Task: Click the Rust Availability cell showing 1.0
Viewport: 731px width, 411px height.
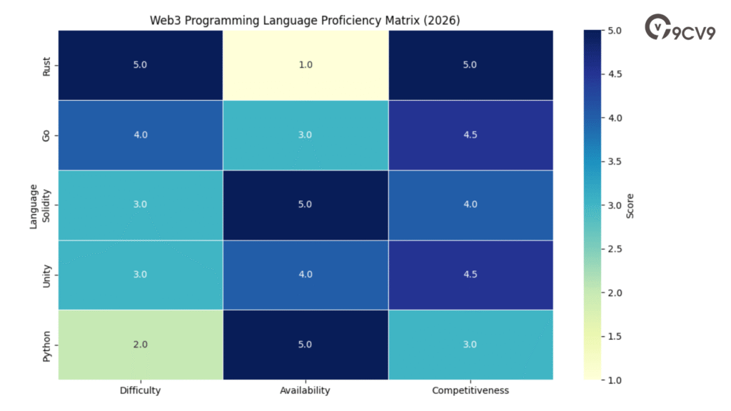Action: (x=305, y=65)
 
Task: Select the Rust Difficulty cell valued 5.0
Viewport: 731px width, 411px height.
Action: (x=140, y=65)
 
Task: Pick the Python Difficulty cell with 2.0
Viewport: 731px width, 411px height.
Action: (x=140, y=345)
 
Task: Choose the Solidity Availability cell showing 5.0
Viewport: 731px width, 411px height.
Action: (x=305, y=205)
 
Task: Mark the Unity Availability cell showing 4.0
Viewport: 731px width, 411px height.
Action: (x=305, y=275)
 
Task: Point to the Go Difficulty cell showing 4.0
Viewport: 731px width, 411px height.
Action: (x=140, y=135)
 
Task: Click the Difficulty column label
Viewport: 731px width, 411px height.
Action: (x=140, y=390)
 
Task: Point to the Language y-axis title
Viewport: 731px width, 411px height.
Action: (x=33, y=205)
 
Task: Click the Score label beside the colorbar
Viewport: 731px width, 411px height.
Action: (x=630, y=205)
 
